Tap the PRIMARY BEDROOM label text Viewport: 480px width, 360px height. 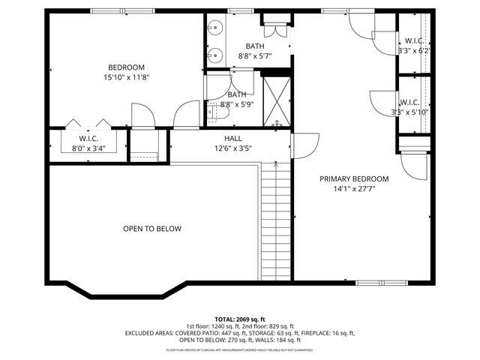(354, 178)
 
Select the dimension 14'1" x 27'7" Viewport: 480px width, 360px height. (354, 190)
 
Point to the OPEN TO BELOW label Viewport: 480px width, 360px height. (152, 229)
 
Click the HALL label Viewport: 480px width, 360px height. (232, 139)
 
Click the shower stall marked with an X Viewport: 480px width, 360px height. (275, 100)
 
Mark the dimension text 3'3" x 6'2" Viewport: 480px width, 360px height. (413, 51)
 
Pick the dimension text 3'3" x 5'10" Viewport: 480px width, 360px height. (410, 112)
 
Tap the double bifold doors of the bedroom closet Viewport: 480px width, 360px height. (88, 124)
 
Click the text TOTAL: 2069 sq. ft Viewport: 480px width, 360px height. (239, 319)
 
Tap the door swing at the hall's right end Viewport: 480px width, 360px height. (301, 145)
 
